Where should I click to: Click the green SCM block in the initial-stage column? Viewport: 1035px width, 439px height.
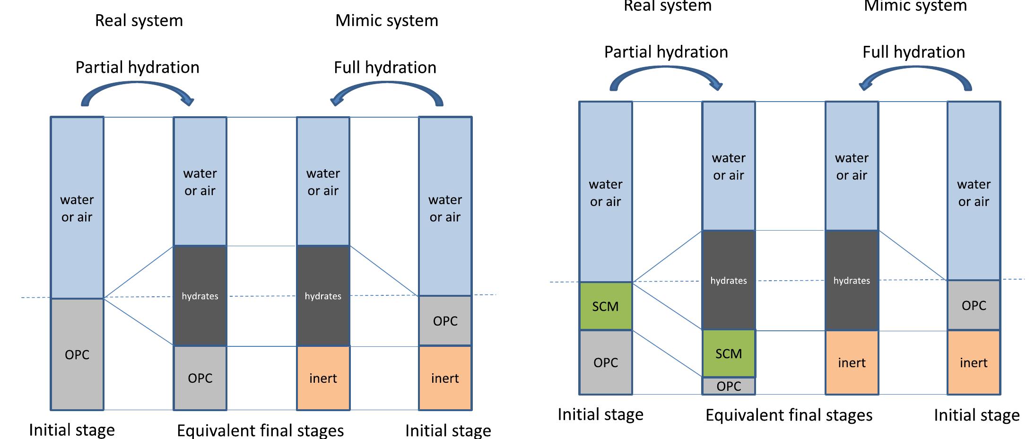coord(605,306)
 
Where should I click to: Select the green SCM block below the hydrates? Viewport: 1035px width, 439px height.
coord(728,353)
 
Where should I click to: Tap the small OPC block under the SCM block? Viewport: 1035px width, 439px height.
coord(728,386)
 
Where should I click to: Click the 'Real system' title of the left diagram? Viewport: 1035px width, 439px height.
coord(139,20)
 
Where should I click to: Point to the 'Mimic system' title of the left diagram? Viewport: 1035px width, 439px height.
coord(386,20)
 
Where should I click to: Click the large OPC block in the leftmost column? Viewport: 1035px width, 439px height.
coord(77,354)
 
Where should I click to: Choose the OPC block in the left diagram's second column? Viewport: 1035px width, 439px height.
coord(200,378)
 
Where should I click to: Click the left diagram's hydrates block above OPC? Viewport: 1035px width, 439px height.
coord(200,296)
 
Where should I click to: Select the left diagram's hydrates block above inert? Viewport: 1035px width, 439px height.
coord(323,296)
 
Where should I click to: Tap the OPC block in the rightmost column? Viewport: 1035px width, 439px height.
coord(974,305)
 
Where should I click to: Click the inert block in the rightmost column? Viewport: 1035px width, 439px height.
coord(974,362)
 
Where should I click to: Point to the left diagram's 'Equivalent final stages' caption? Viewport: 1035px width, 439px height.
coord(260,430)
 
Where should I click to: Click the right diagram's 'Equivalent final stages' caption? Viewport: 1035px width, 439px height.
coord(789,415)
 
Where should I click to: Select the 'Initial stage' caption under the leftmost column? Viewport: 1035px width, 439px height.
coord(72,430)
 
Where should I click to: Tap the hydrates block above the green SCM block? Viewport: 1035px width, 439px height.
coord(728,280)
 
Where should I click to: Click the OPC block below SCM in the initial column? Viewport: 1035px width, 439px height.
coord(605,362)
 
